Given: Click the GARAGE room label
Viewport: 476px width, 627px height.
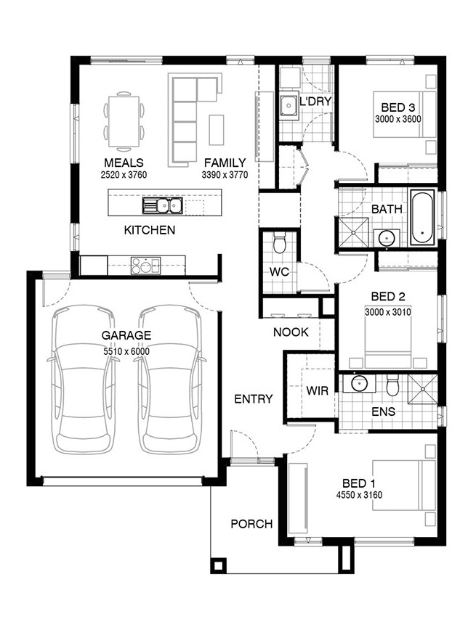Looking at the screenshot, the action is click(126, 335).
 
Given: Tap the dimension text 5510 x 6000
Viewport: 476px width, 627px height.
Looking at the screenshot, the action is click(126, 351).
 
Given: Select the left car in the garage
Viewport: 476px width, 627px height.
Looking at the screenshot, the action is click(81, 380).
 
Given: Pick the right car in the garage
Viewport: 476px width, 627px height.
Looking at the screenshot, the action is click(170, 380).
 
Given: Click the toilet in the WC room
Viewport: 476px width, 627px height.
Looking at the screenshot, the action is click(279, 244).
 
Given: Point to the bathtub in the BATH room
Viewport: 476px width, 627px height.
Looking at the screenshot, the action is click(422, 218).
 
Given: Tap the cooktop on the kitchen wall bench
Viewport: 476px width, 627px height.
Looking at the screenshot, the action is click(146, 265).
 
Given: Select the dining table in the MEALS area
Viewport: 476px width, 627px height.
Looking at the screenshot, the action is click(124, 121).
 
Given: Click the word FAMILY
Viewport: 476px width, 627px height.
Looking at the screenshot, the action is click(225, 163).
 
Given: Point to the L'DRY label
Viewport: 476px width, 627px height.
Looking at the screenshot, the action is click(315, 101).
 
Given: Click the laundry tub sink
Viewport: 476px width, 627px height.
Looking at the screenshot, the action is click(289, 106).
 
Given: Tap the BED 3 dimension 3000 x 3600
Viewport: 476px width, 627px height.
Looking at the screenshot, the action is click(398, 119).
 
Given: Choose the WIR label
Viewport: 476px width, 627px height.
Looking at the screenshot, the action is click(317, 390).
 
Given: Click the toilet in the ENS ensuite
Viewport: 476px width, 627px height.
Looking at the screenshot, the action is click(392, 385).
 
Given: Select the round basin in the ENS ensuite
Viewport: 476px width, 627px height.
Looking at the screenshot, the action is click(359, 383).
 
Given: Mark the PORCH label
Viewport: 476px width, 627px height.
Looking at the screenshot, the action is click(251, 524).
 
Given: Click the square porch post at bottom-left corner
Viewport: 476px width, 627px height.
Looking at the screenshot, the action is click(218, 565).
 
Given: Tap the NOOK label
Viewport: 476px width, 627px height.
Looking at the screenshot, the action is click(291, 332).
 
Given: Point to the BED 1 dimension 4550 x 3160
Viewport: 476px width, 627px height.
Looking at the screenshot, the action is click(359, 495).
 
